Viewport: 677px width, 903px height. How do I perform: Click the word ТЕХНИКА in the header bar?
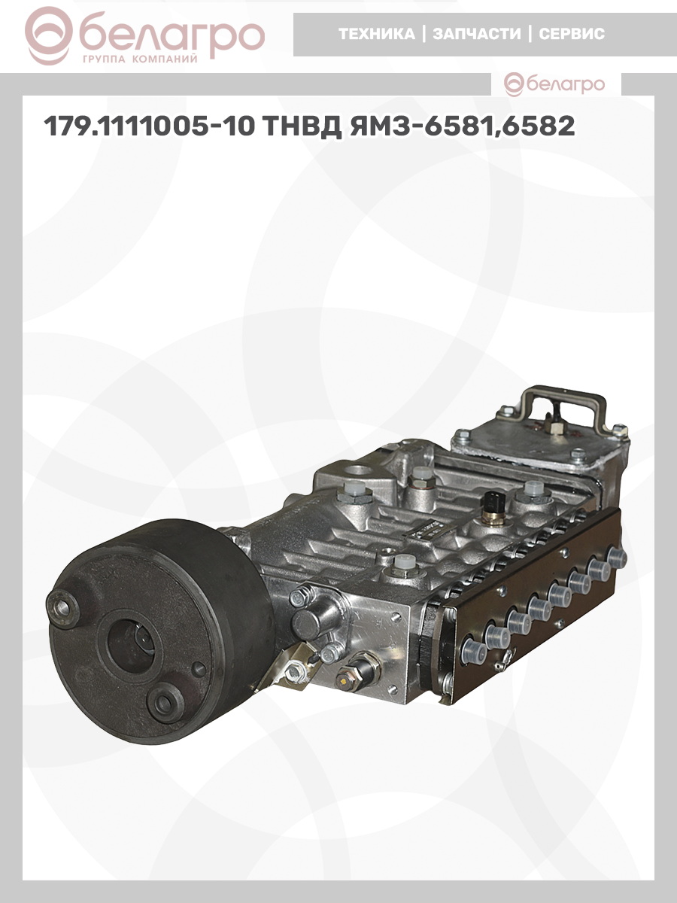377,34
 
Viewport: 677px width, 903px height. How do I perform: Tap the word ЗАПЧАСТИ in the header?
477,34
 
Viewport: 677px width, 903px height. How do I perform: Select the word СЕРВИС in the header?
572,34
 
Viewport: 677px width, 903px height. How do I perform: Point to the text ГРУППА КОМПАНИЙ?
140,59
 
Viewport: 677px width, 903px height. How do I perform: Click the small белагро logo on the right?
554,85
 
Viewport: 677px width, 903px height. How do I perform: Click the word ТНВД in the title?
302,126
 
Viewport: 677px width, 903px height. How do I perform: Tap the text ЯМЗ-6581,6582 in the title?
462,126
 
